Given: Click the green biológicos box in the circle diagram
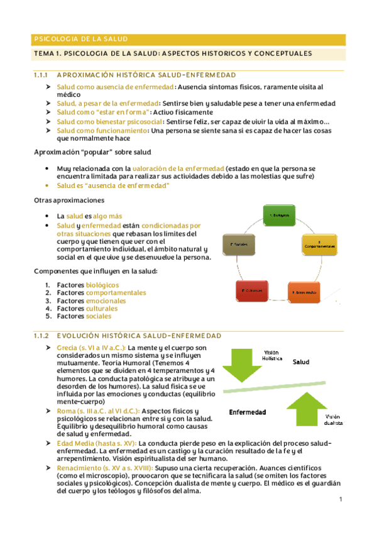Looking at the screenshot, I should pos(280,215).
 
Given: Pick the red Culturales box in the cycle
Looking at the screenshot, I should pos(251,292).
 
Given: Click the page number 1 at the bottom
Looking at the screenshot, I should pos(339,500).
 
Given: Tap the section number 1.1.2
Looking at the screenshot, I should pos(42,336).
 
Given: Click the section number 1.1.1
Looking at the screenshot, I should pos(42,75).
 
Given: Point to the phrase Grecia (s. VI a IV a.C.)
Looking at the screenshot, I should pos(91,348).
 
